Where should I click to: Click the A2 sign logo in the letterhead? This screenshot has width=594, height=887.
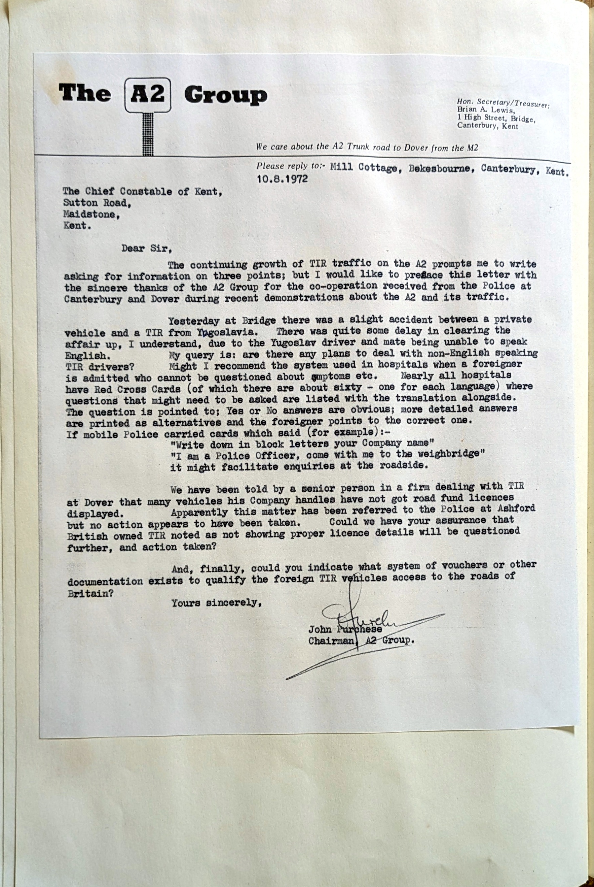[x=148, y=95]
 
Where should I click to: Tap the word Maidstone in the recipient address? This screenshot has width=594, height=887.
[x=91, y=215]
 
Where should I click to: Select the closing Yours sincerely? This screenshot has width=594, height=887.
[x=217, y=602]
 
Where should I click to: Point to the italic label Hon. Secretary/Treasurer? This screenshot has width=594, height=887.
[x=503, y=103]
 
